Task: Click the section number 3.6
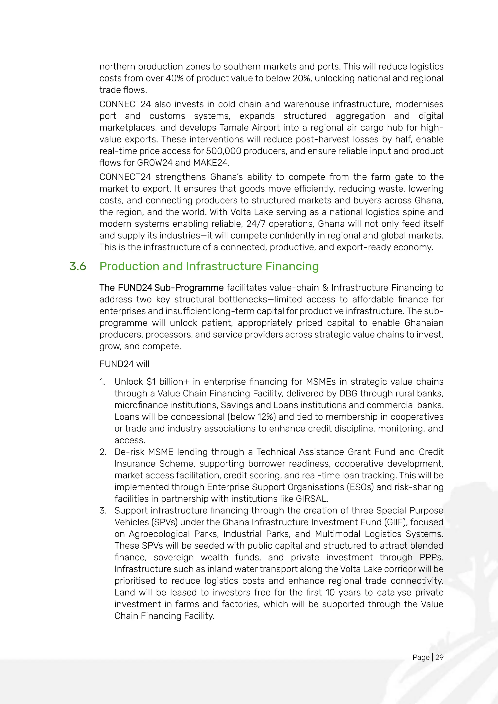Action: [x=78, y=266]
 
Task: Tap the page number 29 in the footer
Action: [x=439, y=657]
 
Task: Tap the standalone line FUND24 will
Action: [x=124, y=364]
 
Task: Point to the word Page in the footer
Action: [x=421, y=657]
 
